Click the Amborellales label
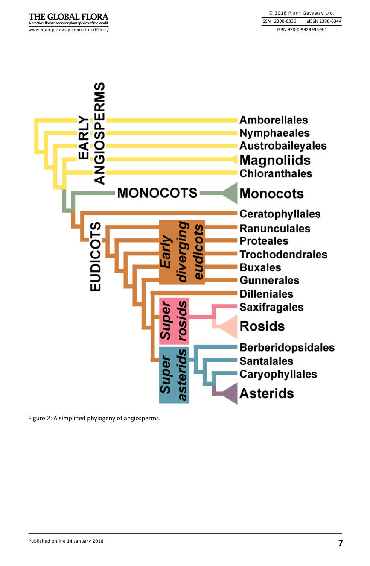point(274,120)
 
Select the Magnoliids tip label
point(275,160)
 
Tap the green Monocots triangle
point(230,193)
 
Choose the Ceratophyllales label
point(280,214)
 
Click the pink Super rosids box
point(174,321)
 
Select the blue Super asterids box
point(174,375)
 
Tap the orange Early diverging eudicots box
point(182,252)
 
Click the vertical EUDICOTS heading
point(96,256)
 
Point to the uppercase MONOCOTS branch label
point(157,193)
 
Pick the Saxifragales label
point(271,307)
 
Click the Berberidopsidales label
point(287,348)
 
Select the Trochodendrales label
point(283,255)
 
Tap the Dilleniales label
point(266,294)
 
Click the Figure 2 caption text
point(94,419)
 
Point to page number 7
point(341,543)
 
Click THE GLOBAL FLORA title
point(68,17)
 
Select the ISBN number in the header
point(302,29)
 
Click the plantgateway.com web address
point(68,30)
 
